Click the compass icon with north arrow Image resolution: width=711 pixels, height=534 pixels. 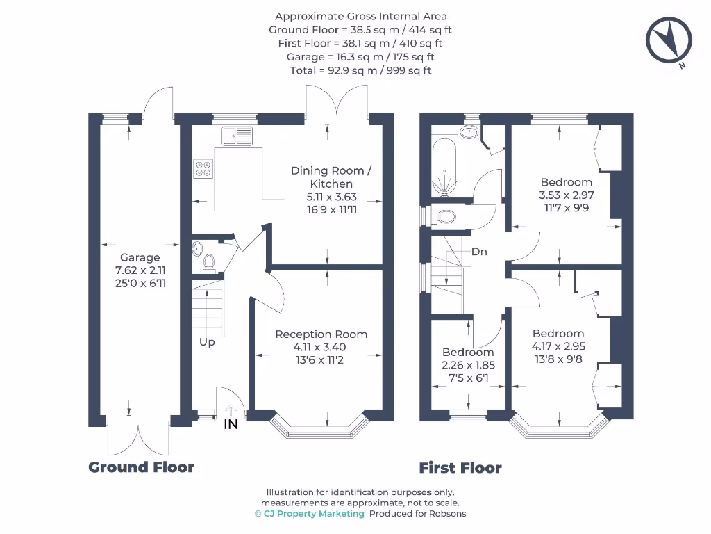[x=669, y=41]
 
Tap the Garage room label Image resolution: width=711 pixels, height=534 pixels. [x=140, y=257]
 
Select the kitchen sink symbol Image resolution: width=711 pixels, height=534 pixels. [x=239, y=135]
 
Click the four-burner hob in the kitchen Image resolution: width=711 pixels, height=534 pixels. [x=203, y=168]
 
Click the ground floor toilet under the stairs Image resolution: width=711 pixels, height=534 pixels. [x=209, y=262]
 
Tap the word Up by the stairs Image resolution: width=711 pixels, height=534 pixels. [x=207, y=342]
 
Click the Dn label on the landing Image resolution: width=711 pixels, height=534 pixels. [x=479, y=252]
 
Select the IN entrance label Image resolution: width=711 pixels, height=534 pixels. [x=231, y=424]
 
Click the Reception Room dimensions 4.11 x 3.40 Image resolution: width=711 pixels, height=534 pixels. [x=321, y=347]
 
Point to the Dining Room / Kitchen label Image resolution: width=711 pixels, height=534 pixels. [x=331, y=177]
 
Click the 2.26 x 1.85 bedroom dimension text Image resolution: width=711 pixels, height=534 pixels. [x=468, y=364]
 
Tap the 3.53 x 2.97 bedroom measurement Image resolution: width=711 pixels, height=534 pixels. [x=566, y=195]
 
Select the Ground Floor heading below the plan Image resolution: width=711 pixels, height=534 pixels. [x=142, y=467]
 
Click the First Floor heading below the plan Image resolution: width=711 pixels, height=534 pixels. [x=460, y=468]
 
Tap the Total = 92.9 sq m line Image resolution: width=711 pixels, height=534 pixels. [x=360, y=70]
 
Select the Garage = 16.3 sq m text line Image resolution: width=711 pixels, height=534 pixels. [x=360, y=57]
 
